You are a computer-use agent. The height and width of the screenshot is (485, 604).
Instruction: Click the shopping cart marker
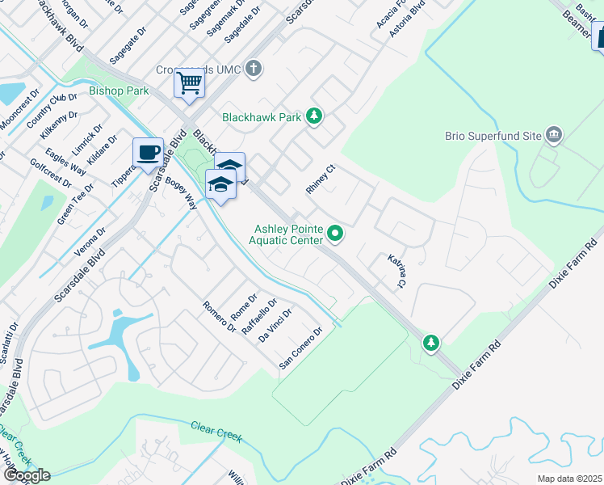[x=189, y=83]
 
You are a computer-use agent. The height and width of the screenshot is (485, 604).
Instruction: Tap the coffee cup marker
[x=148, y=153]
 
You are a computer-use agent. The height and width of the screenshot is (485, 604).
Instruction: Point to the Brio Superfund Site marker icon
[x=554, y=134]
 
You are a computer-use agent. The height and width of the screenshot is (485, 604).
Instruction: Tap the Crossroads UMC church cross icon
[x=254, y=68]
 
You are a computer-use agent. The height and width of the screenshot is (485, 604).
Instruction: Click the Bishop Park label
[x=119, y=91]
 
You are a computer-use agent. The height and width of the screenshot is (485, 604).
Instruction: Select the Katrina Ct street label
[x=396, y=272]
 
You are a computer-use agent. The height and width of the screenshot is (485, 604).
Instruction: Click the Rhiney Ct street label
[x=320, y=179]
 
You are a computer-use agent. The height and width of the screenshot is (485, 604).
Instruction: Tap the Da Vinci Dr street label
[x=275, y=325]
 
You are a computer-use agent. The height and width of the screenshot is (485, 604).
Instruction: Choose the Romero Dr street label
[x=219, y=317]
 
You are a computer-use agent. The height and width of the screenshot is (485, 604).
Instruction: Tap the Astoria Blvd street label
[x=407, y=19]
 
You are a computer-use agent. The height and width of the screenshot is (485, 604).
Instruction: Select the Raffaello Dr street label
[x=262, y=316]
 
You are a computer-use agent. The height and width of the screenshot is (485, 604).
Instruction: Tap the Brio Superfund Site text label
[x=493, y=136]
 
